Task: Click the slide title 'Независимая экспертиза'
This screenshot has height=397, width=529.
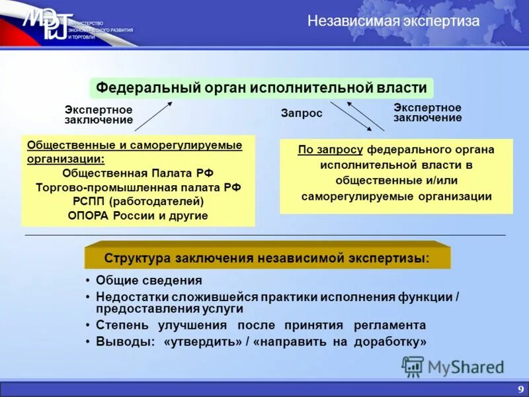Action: point(393,21)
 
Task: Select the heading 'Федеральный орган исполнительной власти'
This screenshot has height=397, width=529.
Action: point(262,87)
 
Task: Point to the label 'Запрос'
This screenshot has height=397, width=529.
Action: point(302,113)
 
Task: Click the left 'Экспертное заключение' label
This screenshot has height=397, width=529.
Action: point(99,114)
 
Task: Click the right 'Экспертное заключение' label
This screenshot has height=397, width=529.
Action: point(427,112)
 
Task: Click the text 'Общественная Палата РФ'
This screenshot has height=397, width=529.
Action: point(138,173)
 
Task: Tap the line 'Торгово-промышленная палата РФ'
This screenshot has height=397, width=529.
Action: point(138,187)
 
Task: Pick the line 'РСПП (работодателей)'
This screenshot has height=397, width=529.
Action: point(138,201)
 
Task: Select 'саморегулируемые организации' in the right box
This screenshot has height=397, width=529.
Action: point(396,196)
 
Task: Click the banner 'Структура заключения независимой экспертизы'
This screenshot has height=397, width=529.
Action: point(266,258)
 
